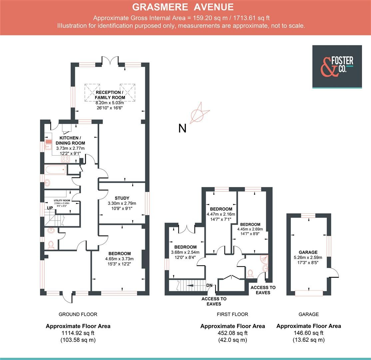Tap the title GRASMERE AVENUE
click(183, 7)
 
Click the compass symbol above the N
click(200, 113)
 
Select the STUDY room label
click(122, 198)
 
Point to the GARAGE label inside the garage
click(308, 252)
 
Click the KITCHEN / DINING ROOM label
click(70, 140)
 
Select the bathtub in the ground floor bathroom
click(56, 170)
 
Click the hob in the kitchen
click(65, 159)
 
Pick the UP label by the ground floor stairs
click(50, 208)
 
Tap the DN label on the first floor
click(209, 285)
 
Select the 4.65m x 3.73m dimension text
click(119, 259)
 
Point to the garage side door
click(333, 272)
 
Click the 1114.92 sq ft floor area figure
click(78, 333)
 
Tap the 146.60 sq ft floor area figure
click(308, 333)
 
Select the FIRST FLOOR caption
click(232, 314)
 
